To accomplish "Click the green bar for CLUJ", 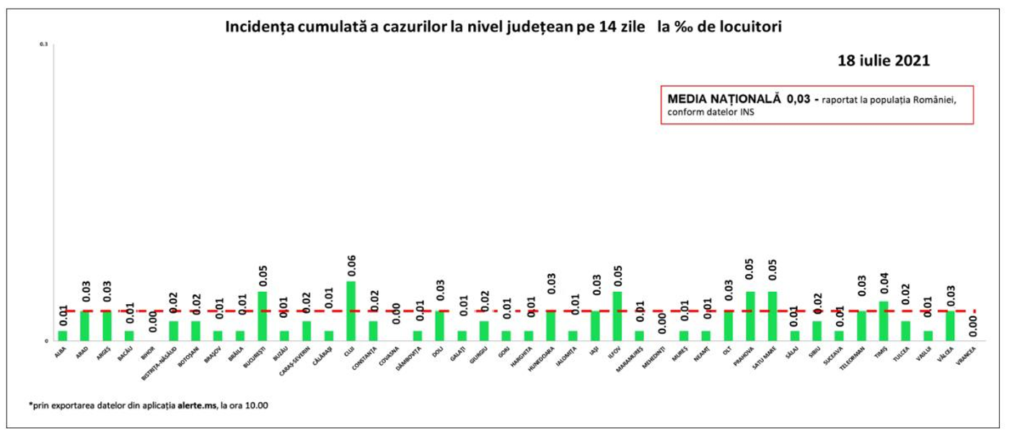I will tap(351, 311).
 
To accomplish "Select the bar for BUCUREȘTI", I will tap(262, 316).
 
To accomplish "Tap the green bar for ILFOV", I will tap(617, 316).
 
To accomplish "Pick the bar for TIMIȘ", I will tap(883, 321).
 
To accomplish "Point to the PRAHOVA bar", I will tap(750, 316).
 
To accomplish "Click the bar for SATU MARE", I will tap(773, 316).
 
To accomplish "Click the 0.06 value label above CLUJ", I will tap(351, 265).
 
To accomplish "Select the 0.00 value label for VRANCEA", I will tap(972, 325).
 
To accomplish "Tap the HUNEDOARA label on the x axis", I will tap(542, 359).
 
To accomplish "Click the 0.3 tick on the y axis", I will tap(43, 45).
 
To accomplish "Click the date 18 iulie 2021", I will tap(884, 61).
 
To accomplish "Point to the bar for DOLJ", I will tap(439, 326).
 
